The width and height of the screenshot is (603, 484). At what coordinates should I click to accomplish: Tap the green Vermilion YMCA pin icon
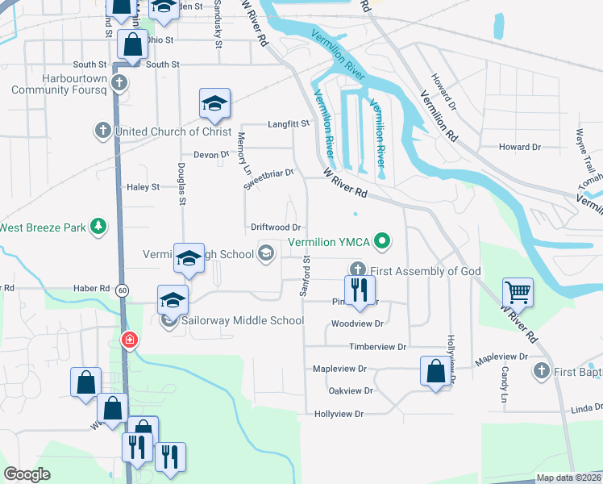click(x=384, y=241)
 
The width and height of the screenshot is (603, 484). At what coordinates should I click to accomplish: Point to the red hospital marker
click(x=128, y=340)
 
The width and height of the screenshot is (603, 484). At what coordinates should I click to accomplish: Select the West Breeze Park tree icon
click(x=98, y=227)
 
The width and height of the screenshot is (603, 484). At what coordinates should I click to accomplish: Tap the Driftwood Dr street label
click(x=276, y=228)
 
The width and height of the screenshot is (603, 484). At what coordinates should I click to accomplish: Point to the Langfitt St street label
click(x=289, y=124)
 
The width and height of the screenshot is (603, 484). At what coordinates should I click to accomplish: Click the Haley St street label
click(x=143, y=187)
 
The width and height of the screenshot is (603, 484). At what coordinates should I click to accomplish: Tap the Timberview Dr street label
click(x=378, y=346)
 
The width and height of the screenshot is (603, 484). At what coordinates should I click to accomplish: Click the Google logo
click(x=27, y=474)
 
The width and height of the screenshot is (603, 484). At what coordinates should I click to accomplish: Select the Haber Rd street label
click(x=93, y=288)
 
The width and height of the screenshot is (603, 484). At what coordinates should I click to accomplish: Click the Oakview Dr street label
click(x=351, y=390)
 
